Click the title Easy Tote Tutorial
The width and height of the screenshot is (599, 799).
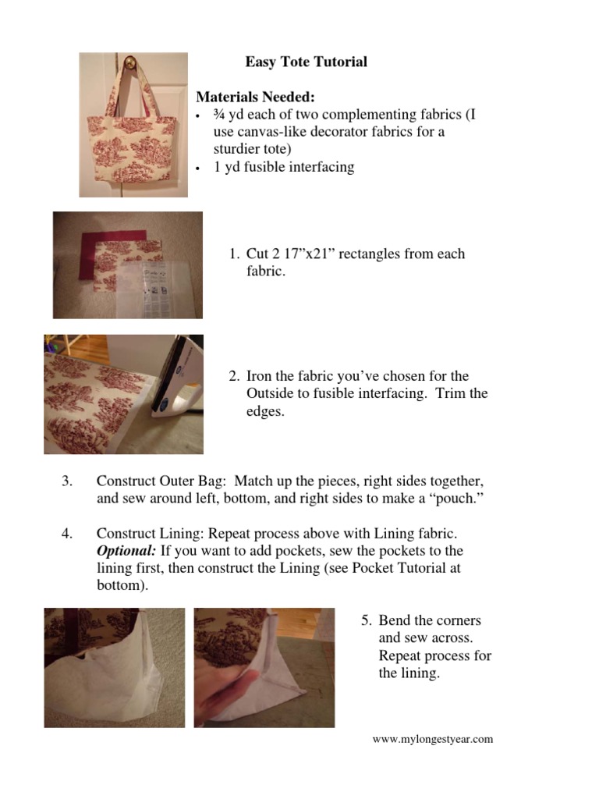306,62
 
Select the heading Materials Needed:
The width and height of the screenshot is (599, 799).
255,98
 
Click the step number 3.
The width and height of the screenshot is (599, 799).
66,481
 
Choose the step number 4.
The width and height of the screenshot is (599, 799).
66,534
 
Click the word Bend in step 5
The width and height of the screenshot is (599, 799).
395,621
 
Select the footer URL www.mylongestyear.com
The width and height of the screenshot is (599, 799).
433,740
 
